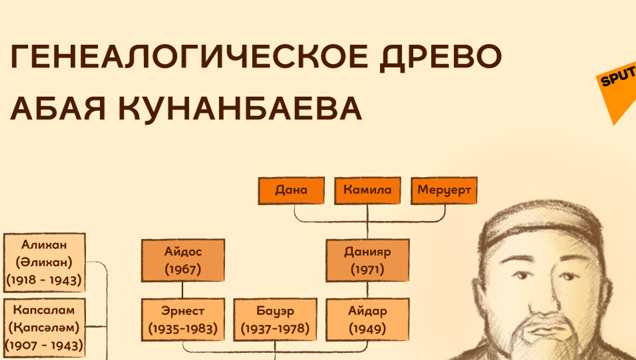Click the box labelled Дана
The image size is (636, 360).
291,191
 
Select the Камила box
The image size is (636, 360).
367,191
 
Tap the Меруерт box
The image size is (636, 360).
444,191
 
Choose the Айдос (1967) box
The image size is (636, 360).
183,260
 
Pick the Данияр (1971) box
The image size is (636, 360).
367,260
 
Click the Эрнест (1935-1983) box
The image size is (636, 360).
183,320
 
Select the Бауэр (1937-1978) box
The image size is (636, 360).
275,320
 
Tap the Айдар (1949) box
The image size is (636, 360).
367,320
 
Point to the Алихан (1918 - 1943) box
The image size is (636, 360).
44,263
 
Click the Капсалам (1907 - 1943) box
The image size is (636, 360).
44,328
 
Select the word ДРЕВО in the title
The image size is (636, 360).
441,57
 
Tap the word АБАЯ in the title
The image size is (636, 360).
58,108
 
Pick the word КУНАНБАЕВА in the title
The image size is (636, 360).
240,109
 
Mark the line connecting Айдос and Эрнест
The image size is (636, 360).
183,290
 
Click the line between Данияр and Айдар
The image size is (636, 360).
367,290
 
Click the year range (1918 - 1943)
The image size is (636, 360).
44,280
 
